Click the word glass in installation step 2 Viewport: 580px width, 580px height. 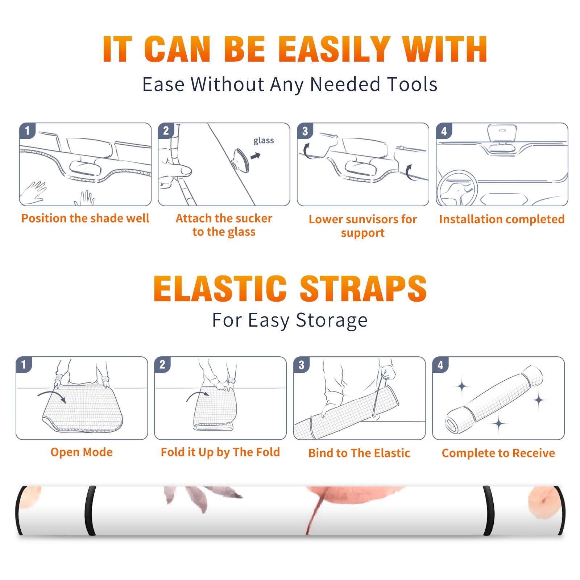(264, 141)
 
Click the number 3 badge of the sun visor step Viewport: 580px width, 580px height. (305, 131)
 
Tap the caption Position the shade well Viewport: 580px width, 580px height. (85, 218)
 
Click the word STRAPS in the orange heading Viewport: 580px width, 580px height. (363, 289)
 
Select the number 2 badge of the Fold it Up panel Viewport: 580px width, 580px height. (162, 365)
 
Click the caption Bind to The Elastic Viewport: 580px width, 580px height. (359, 453)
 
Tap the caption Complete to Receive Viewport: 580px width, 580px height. (498, 453)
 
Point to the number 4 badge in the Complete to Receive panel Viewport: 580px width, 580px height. (440, 365)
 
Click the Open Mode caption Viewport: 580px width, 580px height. (82, 452)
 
